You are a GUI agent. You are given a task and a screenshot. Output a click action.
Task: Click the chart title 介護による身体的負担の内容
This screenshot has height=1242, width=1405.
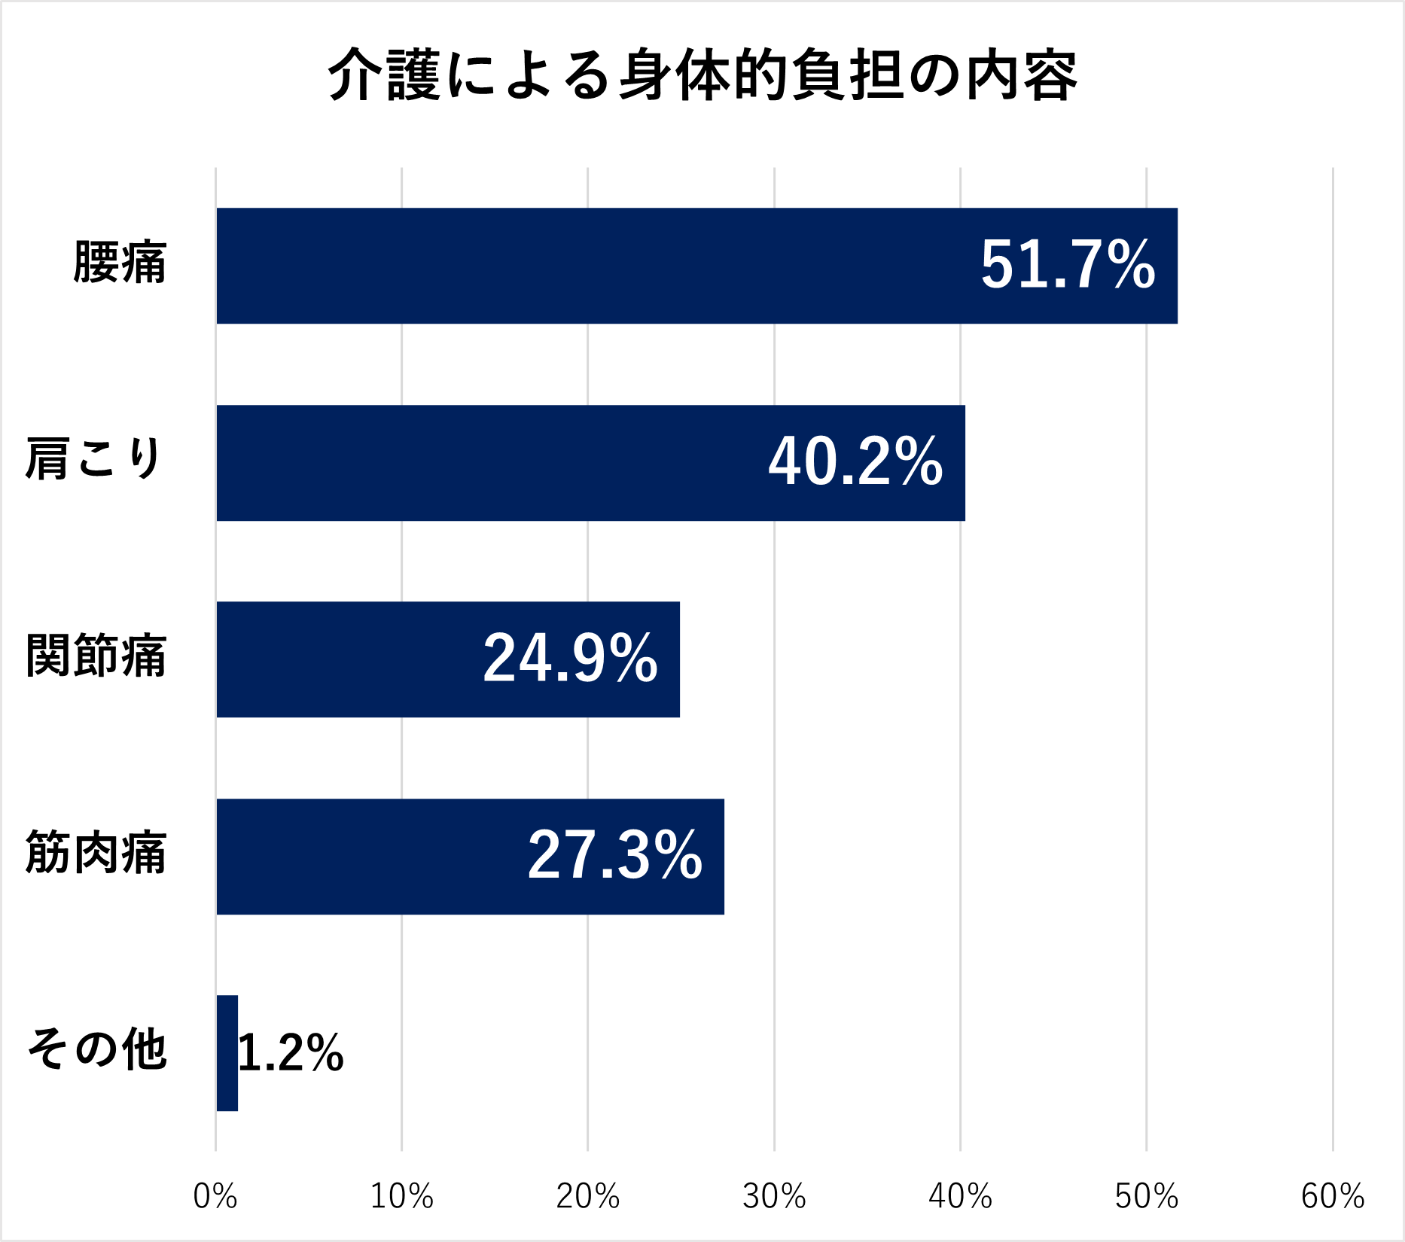(x=702, y=75)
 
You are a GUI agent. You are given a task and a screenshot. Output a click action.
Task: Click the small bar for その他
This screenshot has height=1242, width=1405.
(x=227, y=1053)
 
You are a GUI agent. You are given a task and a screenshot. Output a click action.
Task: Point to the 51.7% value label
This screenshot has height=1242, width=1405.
(x=1068, y=265)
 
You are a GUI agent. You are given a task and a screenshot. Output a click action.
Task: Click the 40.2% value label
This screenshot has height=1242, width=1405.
(x=855, y=461)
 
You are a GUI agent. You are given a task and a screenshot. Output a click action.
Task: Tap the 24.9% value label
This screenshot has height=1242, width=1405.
(x=570, y=659)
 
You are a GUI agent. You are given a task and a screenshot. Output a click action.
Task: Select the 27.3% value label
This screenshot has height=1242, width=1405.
(x=614, y=856)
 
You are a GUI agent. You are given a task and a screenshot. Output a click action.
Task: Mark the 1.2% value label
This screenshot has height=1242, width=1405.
(x=291, y=1052)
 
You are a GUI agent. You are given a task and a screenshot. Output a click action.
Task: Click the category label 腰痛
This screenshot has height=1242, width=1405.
(x=120, y=263)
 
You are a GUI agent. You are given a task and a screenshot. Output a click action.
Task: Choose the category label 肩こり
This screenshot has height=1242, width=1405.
(x=94, y=458)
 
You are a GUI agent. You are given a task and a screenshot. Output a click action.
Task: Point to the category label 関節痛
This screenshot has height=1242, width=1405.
(x=96, y=656)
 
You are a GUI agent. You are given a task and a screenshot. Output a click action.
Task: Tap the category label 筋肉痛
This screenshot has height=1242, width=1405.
(x=96, y=853)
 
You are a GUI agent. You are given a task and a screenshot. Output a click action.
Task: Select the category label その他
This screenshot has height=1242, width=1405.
(x=96, y=1049)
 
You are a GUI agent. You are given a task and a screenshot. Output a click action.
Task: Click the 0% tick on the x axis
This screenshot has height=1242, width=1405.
(x=215, y=1196)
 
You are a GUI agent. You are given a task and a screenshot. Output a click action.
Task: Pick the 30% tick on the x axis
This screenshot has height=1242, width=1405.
(x=774, y=1196)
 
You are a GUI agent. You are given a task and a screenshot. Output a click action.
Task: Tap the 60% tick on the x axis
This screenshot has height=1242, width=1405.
(x=1333, y=1196)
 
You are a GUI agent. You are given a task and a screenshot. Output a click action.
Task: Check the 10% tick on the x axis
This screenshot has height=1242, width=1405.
(x=401, y=1196)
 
